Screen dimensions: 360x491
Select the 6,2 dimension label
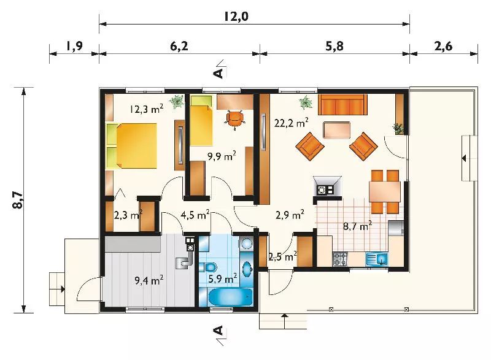[179, 47]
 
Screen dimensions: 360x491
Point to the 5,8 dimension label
[334, 47]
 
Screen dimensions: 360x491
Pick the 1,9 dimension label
[74, 47]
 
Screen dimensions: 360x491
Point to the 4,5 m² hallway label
[195, 215]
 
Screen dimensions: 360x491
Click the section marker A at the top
[218, 70]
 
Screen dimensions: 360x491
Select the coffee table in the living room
[336, 129]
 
